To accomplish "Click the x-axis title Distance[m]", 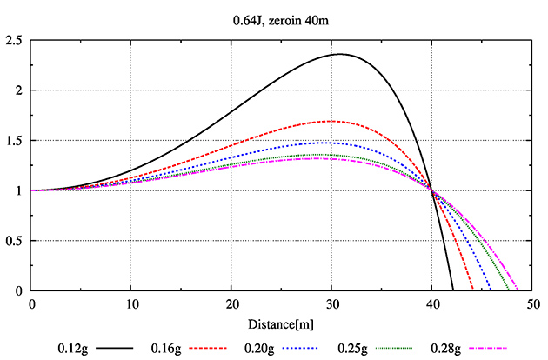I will pyautogui.click(x=281, y=324).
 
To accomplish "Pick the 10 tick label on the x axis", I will pyautogui.click(x=130, y=304).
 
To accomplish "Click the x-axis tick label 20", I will pyautogui.click(x=231, y=304).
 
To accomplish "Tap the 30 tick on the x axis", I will pyautogui.click(x=331, y=304).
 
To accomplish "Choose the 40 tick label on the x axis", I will pyautogui.click(x=431, y=304).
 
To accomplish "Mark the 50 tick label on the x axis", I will pyautogui.click(x=531, y=304).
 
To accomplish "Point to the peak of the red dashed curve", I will pyautogui.click(x=330, y=121).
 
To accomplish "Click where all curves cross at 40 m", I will pyautogui.click(x=431, y=190).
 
